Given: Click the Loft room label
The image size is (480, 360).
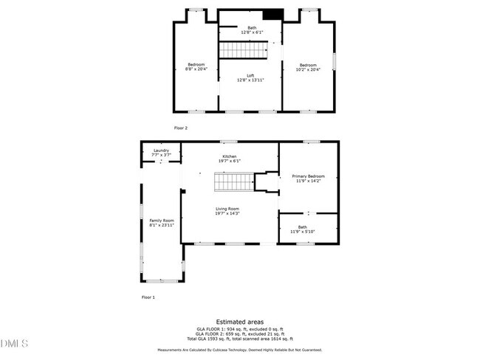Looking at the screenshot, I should [250, 75].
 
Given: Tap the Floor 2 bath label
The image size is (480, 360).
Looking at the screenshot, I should [252, 28].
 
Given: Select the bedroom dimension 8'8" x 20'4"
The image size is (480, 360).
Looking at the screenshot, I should [196, 69].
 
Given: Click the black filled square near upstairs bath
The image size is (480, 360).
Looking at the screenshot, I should [273, 15].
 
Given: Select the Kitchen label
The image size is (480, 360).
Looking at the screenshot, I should [230, 156].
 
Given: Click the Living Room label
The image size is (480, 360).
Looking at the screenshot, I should [227, 209].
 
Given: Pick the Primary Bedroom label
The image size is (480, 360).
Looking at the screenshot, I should [308, 176].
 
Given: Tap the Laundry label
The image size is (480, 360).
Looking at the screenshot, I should [161, 150].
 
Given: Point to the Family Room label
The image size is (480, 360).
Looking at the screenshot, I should [162, 221].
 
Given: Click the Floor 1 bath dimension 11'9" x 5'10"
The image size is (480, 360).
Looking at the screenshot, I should [303, 232].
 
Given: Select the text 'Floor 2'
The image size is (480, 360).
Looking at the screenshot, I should [182, 128].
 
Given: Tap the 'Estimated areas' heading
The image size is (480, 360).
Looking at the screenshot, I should [239, 322].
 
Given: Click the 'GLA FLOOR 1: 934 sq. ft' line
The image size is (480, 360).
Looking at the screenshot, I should [239, 329].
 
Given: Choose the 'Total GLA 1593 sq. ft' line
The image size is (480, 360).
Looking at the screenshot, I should [239, 338].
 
